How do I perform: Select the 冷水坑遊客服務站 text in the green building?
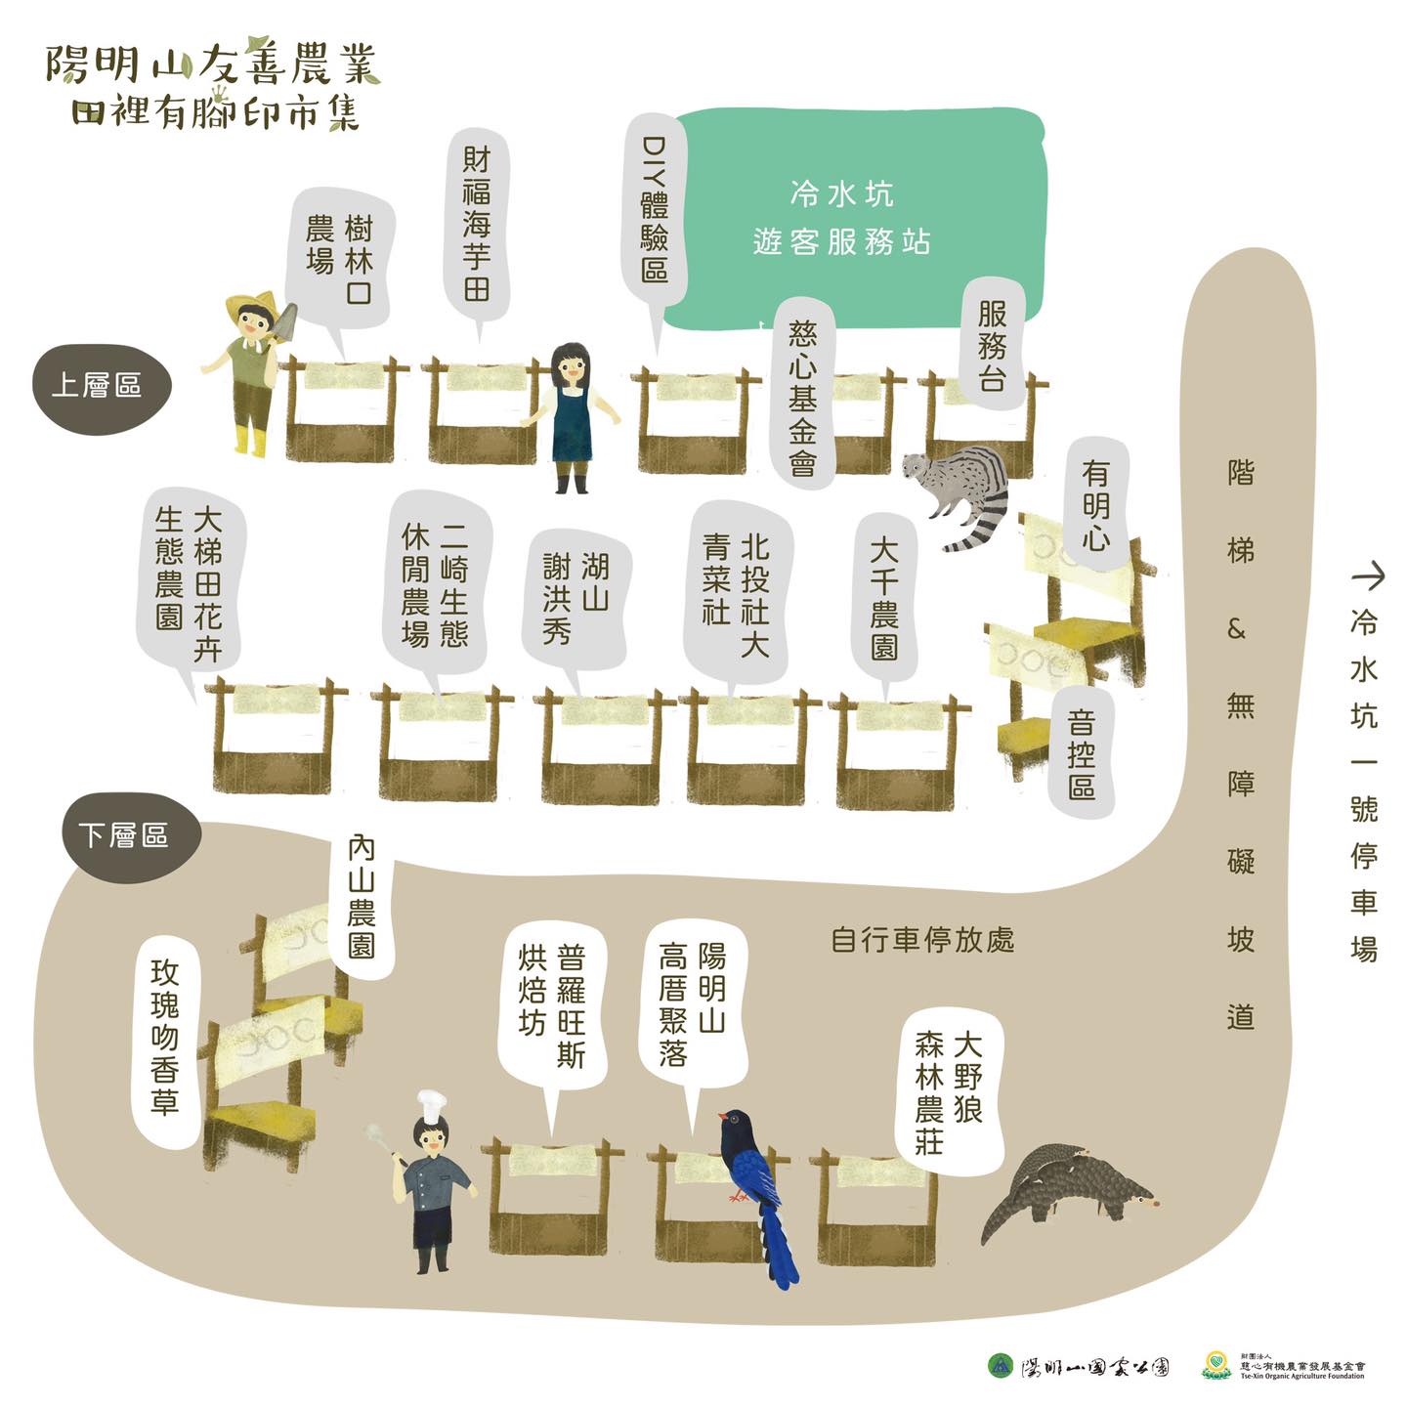click(x=842, y=218)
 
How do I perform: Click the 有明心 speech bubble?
click(x=1095, y=503)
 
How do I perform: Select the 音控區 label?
click(x=1082, y=753)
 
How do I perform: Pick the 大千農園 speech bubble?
click(x=884, y=598)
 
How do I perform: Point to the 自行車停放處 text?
click(x=922, y=940)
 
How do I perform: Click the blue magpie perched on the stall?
click(x=755, y=1182)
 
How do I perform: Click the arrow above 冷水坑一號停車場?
click(x=1367, y=576)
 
